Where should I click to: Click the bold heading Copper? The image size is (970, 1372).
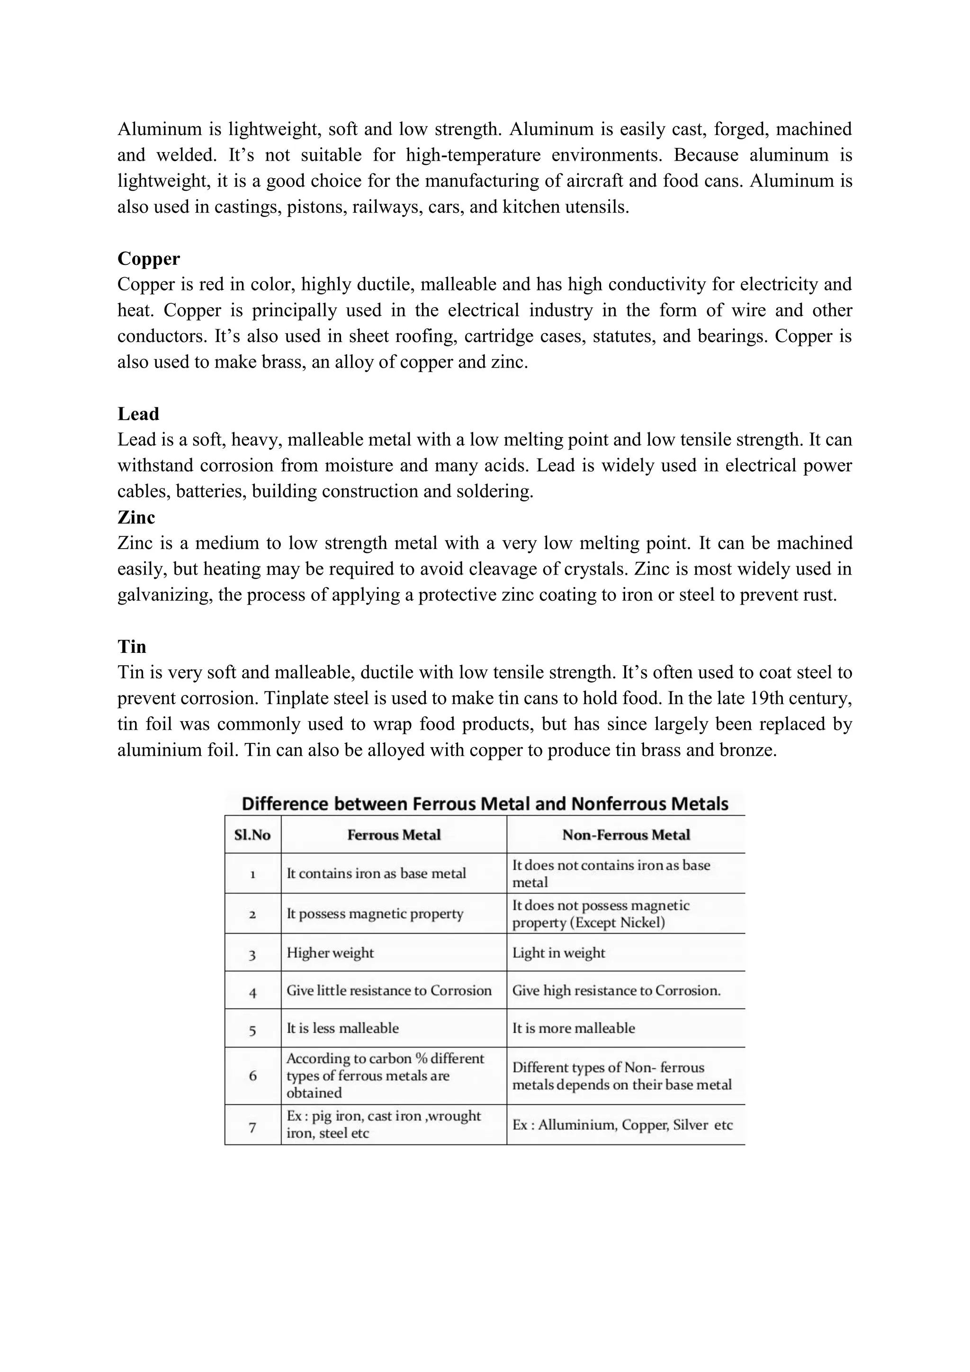point(148,259)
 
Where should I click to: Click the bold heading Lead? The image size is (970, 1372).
point(138,414)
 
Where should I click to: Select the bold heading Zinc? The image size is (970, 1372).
point(136,517)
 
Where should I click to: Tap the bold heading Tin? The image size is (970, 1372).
point(131,647)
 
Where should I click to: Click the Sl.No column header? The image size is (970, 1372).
point(252,835)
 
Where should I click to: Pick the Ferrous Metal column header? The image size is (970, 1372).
point(394,835)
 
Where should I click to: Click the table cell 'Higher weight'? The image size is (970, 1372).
point(330,953)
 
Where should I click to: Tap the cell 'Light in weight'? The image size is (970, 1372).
point(558,953)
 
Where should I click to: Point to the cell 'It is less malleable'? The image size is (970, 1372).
point(342,1028)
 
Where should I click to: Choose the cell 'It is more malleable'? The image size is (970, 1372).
point(574,1028)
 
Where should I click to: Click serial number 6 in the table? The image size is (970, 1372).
point(252,1075)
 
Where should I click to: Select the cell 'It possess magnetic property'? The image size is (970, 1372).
point(375,914)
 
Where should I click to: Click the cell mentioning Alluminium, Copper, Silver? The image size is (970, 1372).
point(622,1125)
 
